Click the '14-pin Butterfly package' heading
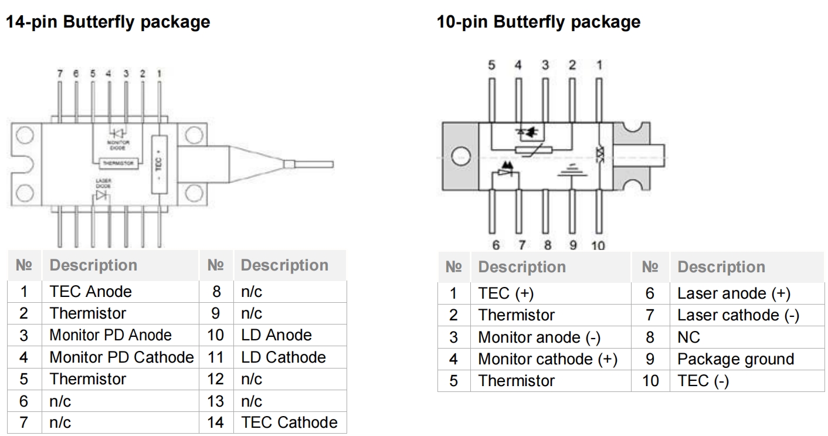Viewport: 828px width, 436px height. pyautogui.click(x=107, y=22)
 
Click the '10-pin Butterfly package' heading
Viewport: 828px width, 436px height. pyautogui.click(x=538, y=22)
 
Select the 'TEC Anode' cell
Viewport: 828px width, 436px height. pyautogui.click(x=90, y=292)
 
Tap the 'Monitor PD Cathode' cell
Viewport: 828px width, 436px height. pyautogui.click(x=121, y=357)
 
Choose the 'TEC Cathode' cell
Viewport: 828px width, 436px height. pyautogui.click(x=289, y=423)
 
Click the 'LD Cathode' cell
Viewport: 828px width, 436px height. pyautogui.click(x=283, y=357)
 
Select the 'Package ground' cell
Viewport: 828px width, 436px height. pyautogui.click(x=735, y=359)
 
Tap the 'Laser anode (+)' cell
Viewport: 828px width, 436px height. pyautogui.click(x=734, y=293)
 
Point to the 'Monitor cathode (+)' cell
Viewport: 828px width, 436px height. pyautogui.click(x=548, y=359)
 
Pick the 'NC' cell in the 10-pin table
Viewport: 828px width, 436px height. pyautogui.click(x=688, y=337)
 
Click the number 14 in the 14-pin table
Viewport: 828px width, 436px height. pyautogui.click(x=216, y=423)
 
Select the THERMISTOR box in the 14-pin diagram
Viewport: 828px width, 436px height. pyautogui.click(x=119, y=163)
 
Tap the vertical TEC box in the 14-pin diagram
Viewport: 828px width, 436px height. pyautogui.click(x=159, y=164)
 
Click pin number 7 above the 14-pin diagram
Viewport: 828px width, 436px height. pyautogui.click(x=59, y=75)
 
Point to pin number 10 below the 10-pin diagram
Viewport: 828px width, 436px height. pyautogui.click(x=598, y=245)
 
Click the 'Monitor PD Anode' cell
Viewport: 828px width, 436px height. pyautogui.click(x=110, y=335)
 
